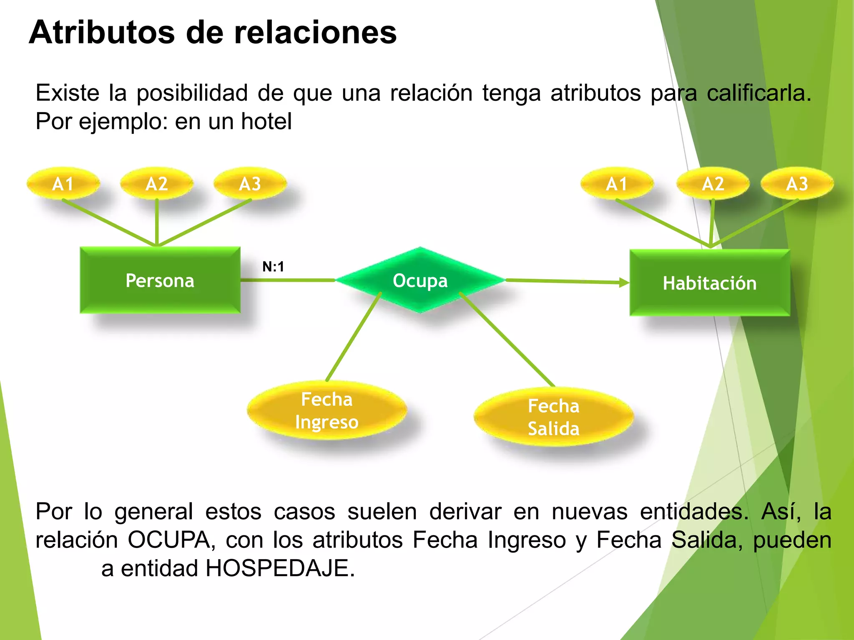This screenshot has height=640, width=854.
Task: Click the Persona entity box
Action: [160, 280]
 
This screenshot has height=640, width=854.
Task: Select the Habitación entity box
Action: [710, 283]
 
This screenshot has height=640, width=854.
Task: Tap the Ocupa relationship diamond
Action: [420, 280]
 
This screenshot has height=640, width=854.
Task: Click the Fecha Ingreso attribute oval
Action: [327, 410]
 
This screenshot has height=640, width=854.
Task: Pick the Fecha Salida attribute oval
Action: [554, 417]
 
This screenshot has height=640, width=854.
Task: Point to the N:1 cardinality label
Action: [273, 267]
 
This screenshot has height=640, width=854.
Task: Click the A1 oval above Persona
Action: [63, 184]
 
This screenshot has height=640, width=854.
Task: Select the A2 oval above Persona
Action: [157, 184]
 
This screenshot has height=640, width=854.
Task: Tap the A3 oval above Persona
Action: [250, 184]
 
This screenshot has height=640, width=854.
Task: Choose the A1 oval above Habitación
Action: [617, 184]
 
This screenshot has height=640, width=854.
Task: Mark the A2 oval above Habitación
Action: [713, 184]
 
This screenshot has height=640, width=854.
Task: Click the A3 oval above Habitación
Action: [797, 184]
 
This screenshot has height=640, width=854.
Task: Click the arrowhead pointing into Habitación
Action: [625, 282]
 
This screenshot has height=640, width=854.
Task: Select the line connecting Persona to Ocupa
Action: [288, 280]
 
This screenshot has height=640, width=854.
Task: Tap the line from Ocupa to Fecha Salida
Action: [507, 339]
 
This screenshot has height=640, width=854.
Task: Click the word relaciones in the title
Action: [315, 32]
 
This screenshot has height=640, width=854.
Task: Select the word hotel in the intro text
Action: [266, 122]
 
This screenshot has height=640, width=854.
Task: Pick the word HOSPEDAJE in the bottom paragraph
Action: [280, 568]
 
